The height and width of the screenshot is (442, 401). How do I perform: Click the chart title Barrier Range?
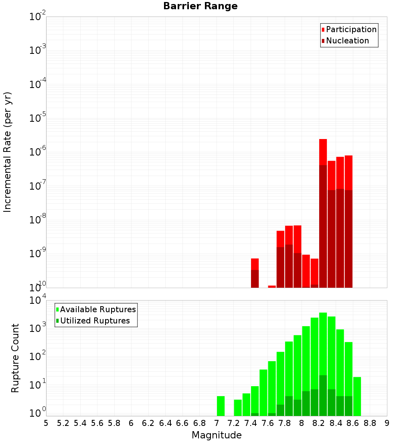coord(200,6)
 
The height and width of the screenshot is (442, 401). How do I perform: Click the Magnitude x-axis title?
coord(217,435)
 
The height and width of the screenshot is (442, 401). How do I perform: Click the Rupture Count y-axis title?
coord(15,358)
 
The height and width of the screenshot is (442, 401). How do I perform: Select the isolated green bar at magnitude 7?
coord(221,406)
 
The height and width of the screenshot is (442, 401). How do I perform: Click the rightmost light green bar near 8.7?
coord(357,396)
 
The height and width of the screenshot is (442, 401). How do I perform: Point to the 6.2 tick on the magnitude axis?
coord(148,423)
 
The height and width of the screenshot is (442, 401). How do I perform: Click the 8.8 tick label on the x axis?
coord(370,423)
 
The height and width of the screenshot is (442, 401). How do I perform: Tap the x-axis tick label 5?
coord(46,423)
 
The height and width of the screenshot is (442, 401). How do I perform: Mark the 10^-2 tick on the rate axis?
coord(38,17)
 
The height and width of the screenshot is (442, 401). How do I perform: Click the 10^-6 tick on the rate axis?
coord(38,152)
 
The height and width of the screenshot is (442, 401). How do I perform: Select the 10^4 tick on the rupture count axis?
coord(38,301)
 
